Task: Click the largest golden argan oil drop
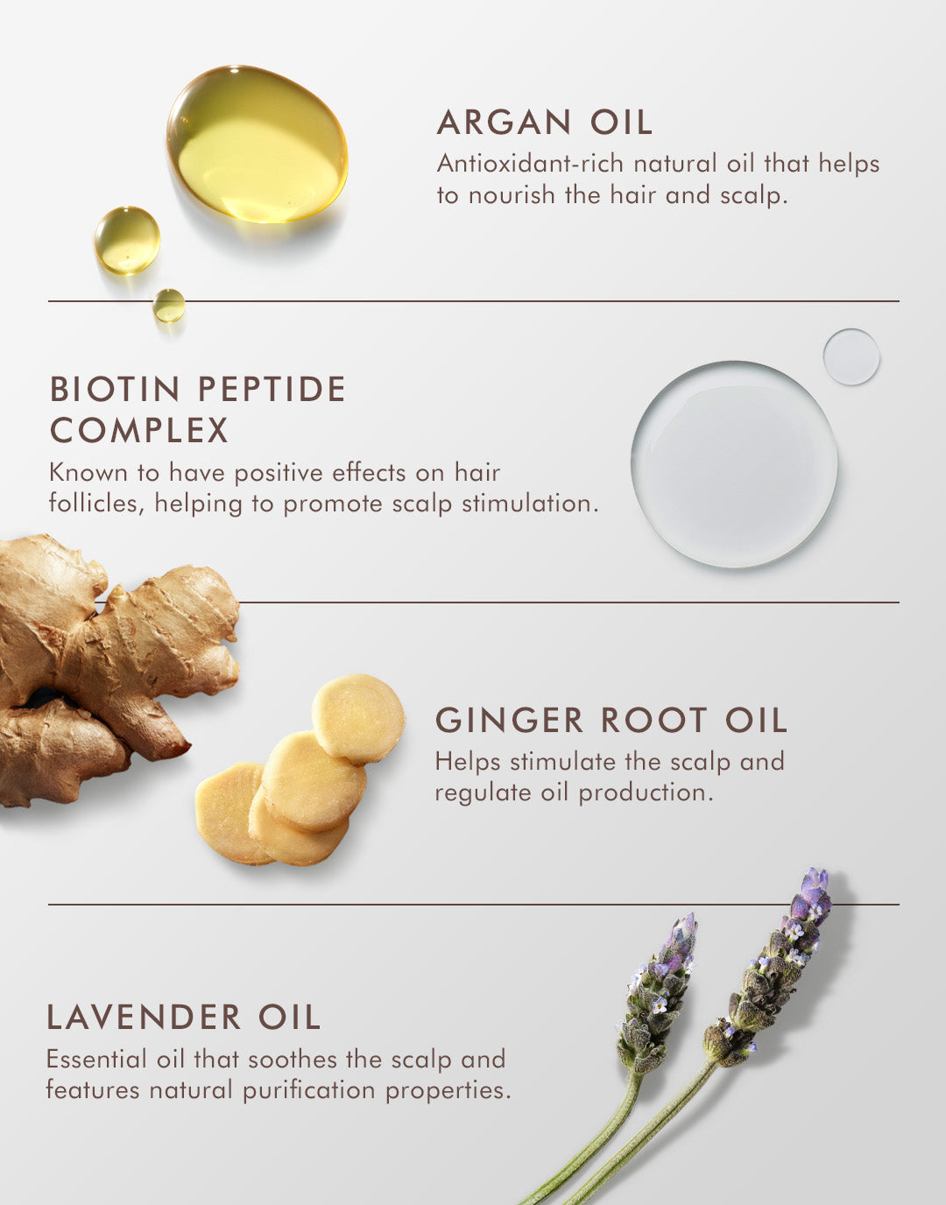[x=257, y=144]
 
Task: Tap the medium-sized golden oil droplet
[x=127, y=240]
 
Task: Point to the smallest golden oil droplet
[x=169, y=306]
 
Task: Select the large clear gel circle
[x=734, y=464]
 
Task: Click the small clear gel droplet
[x=851, y=356]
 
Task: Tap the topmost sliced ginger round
[x=357, y=719]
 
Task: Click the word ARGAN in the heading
[x=504, y=123]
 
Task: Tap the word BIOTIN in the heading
[x=115, y=390]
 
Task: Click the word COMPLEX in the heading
[x=139, y=431]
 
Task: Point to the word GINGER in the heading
[x=510, y=721]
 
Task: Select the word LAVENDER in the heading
[x=144, y=1018]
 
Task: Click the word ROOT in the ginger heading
[x=654, y=721]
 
